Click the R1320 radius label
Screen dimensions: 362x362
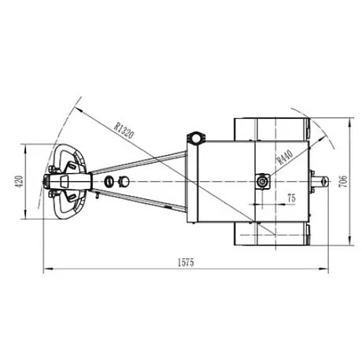124,130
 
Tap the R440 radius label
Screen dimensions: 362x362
285,157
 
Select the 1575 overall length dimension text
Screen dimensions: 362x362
186,262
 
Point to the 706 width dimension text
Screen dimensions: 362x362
343,181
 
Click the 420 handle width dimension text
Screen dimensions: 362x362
20,182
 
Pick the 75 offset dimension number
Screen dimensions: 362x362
291,198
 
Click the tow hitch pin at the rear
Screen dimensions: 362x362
320,182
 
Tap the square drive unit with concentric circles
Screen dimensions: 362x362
263,181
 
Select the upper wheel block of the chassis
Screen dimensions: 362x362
272,129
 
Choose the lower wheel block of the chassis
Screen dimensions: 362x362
272,235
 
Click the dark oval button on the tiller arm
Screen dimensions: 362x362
109,181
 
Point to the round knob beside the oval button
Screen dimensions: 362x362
124,181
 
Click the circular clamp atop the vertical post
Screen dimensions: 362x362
196,138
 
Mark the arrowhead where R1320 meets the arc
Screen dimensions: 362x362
78,109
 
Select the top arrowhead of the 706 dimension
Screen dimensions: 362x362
349,122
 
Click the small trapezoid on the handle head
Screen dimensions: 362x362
65,181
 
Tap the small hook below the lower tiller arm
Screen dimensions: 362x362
97,195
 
